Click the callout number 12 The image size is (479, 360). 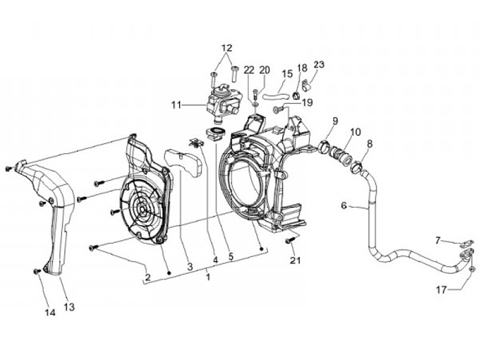tap(227, 48)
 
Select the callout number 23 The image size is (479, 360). tap(319, 65)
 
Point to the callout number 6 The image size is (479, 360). tap(344, 206)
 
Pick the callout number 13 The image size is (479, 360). tap(69, 307)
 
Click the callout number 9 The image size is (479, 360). tap(335, 120)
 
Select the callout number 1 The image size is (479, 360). tap(209, 274)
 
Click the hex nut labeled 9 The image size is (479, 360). tap(326, 146)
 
